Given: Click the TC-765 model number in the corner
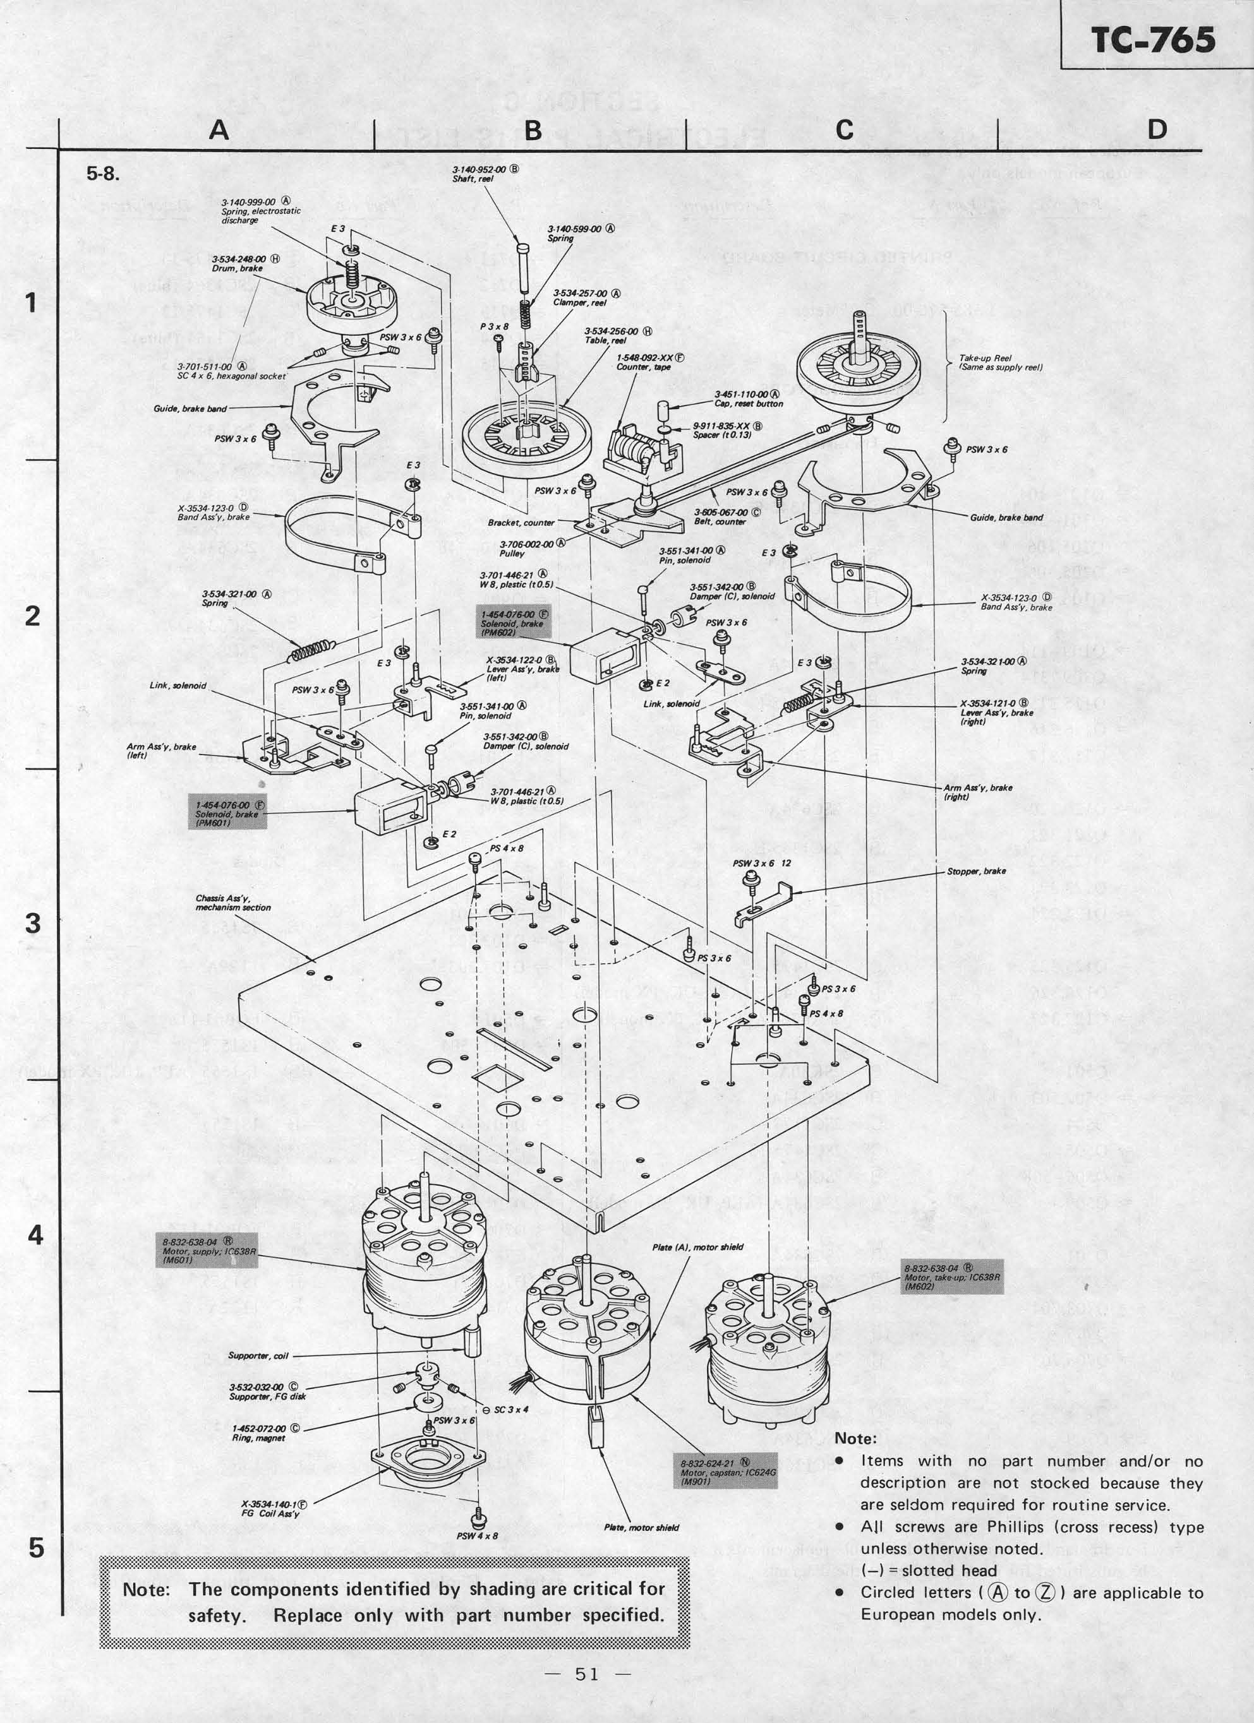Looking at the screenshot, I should coord(1154,40).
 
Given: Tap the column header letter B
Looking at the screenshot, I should coord(533,130).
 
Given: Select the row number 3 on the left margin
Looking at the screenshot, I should coord(33,923).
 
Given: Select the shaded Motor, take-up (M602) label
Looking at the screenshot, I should coord(953,1276).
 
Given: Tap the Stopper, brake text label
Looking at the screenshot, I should coord(976,871).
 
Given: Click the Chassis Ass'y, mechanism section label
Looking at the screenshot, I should coord(232,902).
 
